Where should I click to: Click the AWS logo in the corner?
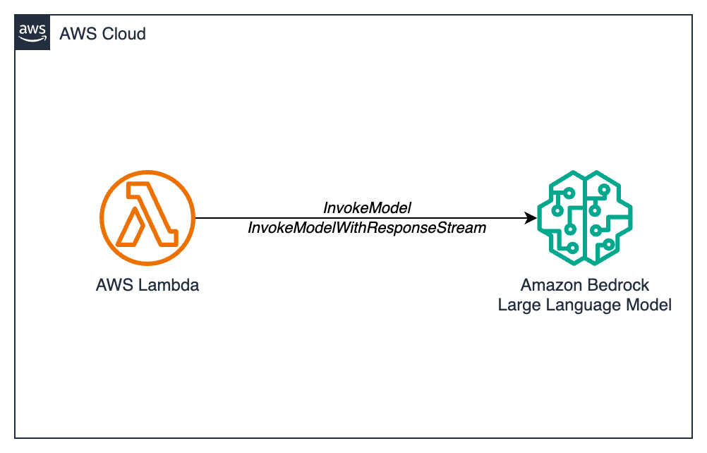(32, 32)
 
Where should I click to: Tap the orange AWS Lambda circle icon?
(147, 219)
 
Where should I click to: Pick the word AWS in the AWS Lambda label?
(113, 286)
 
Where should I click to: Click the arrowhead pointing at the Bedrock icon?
(530, 219)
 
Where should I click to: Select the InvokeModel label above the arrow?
(367, 208)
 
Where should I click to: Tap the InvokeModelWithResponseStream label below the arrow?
(367, 229)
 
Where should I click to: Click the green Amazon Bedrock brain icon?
(584, 218)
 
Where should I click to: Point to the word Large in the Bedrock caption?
(516, 305)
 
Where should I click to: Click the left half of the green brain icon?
(561, 218)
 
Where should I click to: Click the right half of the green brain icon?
(608, 218)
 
